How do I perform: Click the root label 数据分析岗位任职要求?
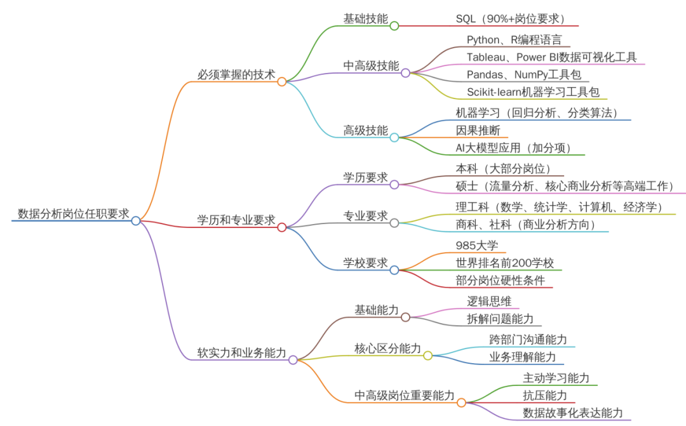(x=73, y=213)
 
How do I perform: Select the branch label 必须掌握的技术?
(x=236, y=75)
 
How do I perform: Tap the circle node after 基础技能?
(x=394, y=26)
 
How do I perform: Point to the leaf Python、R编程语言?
(x=514, y=40)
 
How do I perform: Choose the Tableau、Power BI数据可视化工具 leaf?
(x=551, y=57)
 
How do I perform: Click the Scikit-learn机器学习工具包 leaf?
(x=533, y=92)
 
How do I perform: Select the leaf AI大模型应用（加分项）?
(x=513, y=148)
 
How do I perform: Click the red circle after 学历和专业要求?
(x=282, y=227)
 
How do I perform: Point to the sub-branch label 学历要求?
(x=365, y=177)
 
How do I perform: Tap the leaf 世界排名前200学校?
(x=505, y=263)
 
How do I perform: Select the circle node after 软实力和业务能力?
(x=293, y=360)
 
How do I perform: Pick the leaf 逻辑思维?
(x=489, y=302)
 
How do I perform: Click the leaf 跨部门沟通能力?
(x=528, y=340)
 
